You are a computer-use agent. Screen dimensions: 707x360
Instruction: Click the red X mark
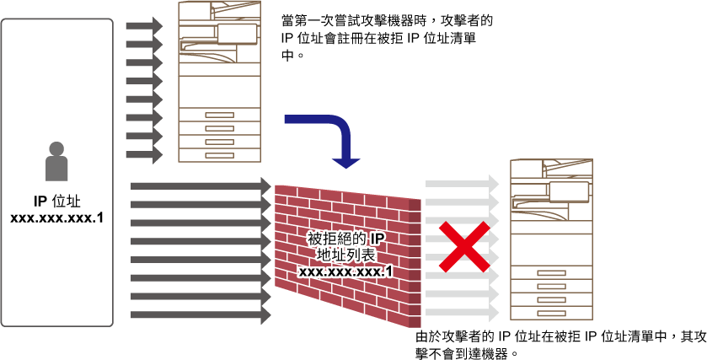click(464, 246)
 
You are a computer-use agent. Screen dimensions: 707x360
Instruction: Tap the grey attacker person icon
click(56, 161)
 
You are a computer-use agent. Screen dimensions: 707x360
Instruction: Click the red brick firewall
click(348, 255)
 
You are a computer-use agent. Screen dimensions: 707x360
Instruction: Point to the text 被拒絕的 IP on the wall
click(346, 239)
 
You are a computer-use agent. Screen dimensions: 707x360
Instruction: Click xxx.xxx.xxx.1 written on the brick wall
click(345, 271)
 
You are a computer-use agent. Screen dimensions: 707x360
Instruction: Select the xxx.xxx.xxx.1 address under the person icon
click(56, 218)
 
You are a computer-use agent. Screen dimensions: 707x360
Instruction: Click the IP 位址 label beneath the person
click(56, 201)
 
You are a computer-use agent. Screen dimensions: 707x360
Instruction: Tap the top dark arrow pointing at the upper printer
click(144, 25)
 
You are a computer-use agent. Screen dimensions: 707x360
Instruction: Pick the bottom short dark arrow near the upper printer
click(144, 154)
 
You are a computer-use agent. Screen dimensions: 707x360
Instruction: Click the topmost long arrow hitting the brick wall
click(201, 185)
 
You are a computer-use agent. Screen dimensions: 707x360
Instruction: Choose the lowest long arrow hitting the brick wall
click(201, 314)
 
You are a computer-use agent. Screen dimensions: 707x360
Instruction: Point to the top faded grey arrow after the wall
click(462, 183)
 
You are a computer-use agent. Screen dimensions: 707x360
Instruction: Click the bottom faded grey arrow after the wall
click(462, 312)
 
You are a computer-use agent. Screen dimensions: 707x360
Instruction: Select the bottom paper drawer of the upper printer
click(220, 155)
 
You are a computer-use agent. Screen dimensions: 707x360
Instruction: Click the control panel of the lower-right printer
click(569, 191)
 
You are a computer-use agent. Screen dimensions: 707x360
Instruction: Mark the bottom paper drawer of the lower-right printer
click(551, 313)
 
